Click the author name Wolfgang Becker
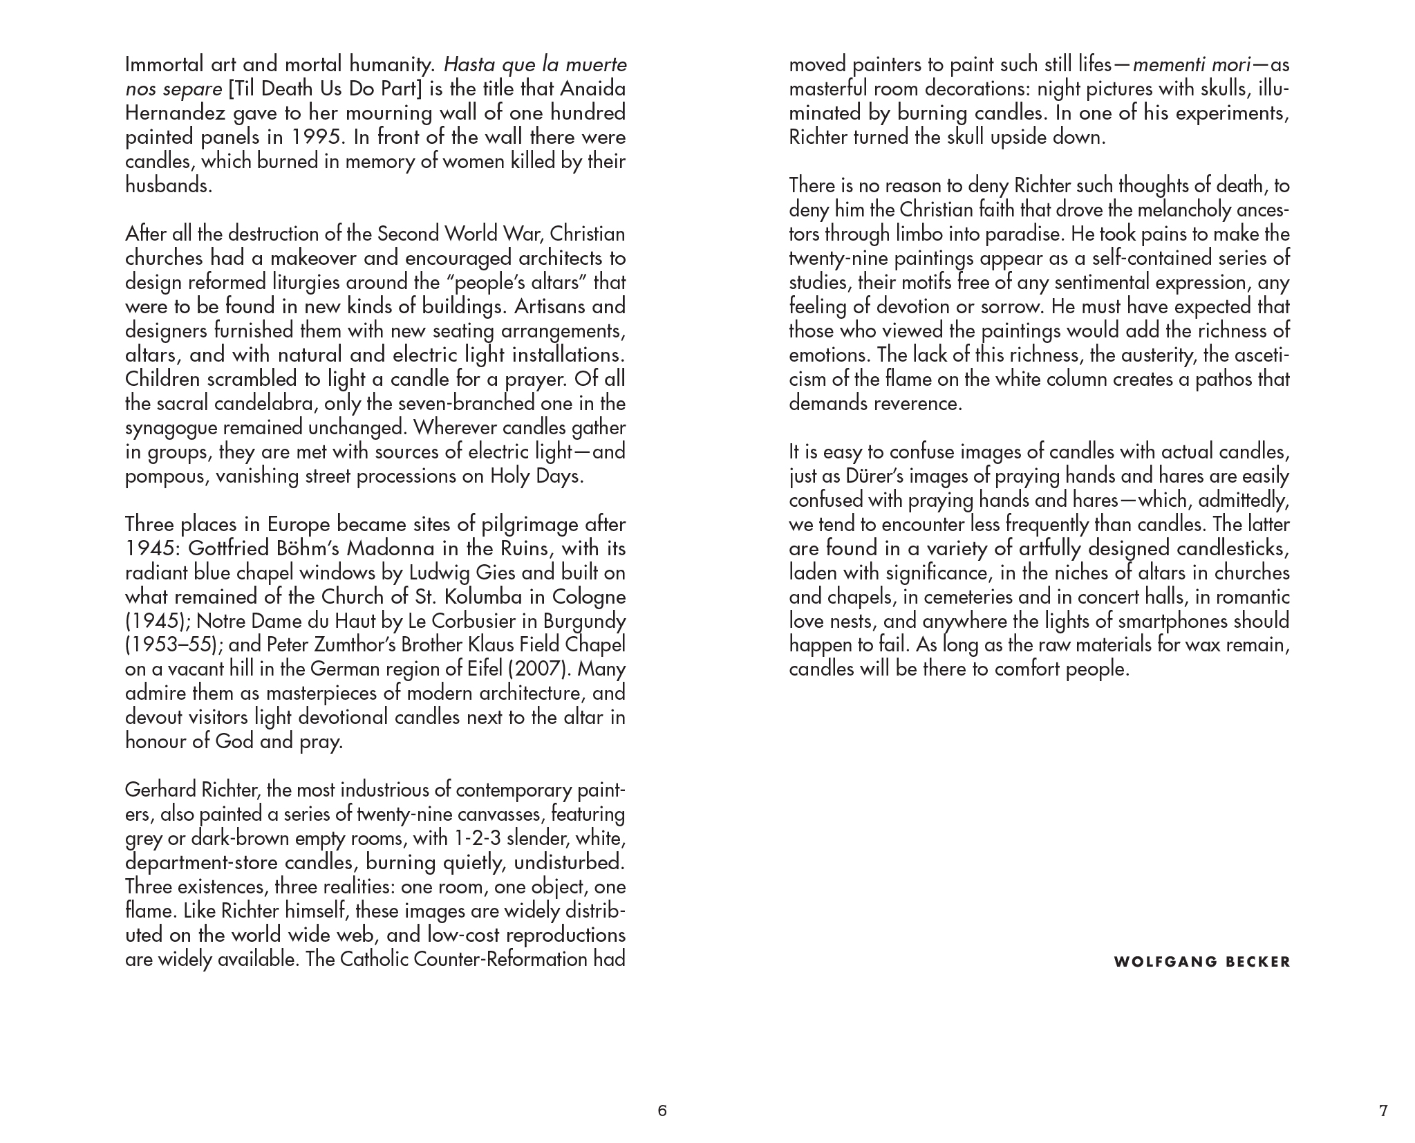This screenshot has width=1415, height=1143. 1202,962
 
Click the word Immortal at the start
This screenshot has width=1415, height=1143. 165,65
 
